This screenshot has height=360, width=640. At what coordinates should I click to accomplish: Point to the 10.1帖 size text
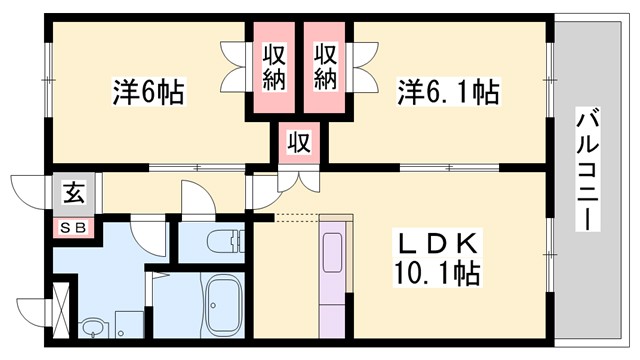point(436,271)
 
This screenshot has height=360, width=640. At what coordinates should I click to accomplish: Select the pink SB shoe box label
point(74,227)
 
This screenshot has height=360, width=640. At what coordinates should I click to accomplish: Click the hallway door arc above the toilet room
point(196,198)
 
